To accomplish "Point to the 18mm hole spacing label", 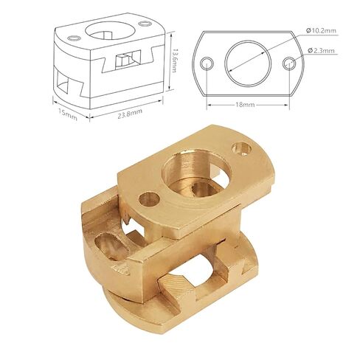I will click(247, 105).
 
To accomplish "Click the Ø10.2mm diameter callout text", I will click(320, 31).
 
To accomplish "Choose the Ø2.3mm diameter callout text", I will click(321, 51).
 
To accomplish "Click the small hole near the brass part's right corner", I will click(241, 148).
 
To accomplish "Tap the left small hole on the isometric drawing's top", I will click(72, 39).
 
